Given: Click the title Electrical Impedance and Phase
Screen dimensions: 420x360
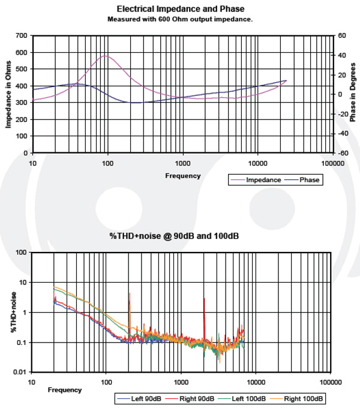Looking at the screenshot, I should click(x=181, y=9).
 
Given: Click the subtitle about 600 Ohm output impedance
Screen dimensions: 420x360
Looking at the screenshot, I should click(x=180, y=19).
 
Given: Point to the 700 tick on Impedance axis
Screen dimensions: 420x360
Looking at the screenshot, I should click(x=21, y=36).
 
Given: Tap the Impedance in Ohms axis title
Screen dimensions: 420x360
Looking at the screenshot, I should click(x=8, y=94).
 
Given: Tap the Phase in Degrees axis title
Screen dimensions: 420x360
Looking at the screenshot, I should click(x=352, y=94).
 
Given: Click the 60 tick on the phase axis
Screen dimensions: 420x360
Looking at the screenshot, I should click(x=341, y=36).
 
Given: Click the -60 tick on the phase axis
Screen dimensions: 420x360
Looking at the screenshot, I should click(x=342, y=153).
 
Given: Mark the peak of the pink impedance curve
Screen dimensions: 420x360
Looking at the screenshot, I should click(x=106, y=56).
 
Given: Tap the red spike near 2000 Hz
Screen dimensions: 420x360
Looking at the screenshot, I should click(x=204, y=300).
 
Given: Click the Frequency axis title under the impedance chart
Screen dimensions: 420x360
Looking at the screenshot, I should click(x=183, y=176).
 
